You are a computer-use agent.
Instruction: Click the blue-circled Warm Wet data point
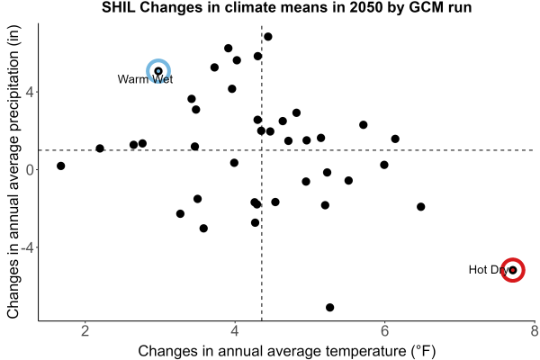point(158,71)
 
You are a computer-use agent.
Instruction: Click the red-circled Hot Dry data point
point(513,270)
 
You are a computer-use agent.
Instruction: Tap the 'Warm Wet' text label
point(145,79)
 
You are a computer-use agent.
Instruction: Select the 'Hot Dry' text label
point(489,270)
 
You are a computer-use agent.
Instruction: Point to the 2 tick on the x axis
point(85,331)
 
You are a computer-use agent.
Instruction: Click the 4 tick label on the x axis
point(235,331)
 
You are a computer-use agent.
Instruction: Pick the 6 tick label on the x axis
point(384,331)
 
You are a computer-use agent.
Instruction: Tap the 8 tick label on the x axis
point(535,331)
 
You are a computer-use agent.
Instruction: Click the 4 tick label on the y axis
point(30,93)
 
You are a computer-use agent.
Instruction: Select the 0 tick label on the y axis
point(30,170)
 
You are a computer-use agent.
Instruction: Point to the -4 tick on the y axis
point(27,247)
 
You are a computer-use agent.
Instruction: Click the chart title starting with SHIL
point(286,7)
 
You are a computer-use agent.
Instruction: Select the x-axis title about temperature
point(287,351)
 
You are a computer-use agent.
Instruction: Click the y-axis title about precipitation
point(13,172)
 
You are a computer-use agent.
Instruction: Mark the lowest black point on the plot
point(330,307)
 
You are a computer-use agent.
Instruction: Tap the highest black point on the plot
point(268,37)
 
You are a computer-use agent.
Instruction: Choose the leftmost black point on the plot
point(61,166)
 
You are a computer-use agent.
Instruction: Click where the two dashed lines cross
point(262,150)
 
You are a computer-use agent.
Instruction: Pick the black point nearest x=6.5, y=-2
point(420,207)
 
